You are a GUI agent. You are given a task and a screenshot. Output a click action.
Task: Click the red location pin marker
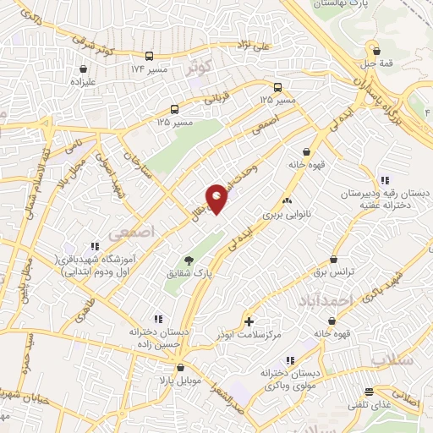[x=217, y=197]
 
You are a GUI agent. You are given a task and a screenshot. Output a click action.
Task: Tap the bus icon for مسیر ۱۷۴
[x=149, y=56]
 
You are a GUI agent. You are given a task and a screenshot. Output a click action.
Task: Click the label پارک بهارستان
[x=343, y=4]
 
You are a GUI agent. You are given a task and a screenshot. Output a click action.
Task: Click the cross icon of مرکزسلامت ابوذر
[x=248, y=321]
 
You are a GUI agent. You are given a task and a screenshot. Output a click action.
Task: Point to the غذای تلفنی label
[x=367, y=404]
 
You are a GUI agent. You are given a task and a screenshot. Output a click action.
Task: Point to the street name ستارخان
[x=136, y=163]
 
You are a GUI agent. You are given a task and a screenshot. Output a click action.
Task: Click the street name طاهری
[x=86, y=320]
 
